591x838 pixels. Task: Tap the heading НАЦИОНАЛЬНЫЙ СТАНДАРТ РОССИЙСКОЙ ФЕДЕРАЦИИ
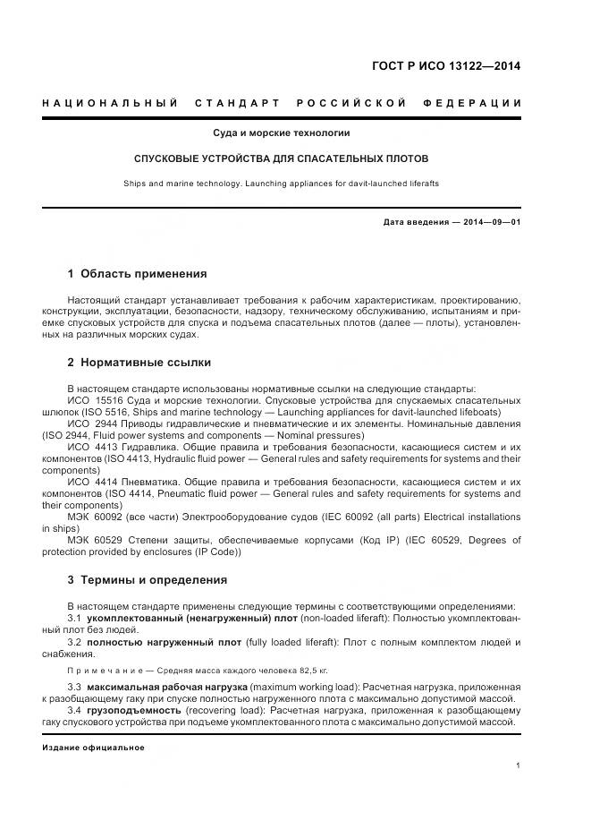tap(282, 103)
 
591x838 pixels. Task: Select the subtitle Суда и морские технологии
tap(281, 133)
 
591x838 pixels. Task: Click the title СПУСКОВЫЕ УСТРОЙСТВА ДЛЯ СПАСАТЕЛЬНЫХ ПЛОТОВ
tap(281, 158)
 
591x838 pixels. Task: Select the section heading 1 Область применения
tap(137, 273)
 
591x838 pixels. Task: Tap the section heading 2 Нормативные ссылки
tap(139, 363)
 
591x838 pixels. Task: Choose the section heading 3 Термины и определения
tap(148, 580)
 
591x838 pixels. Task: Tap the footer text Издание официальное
tap(93, 747)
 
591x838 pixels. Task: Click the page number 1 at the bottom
tap(519, 765)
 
